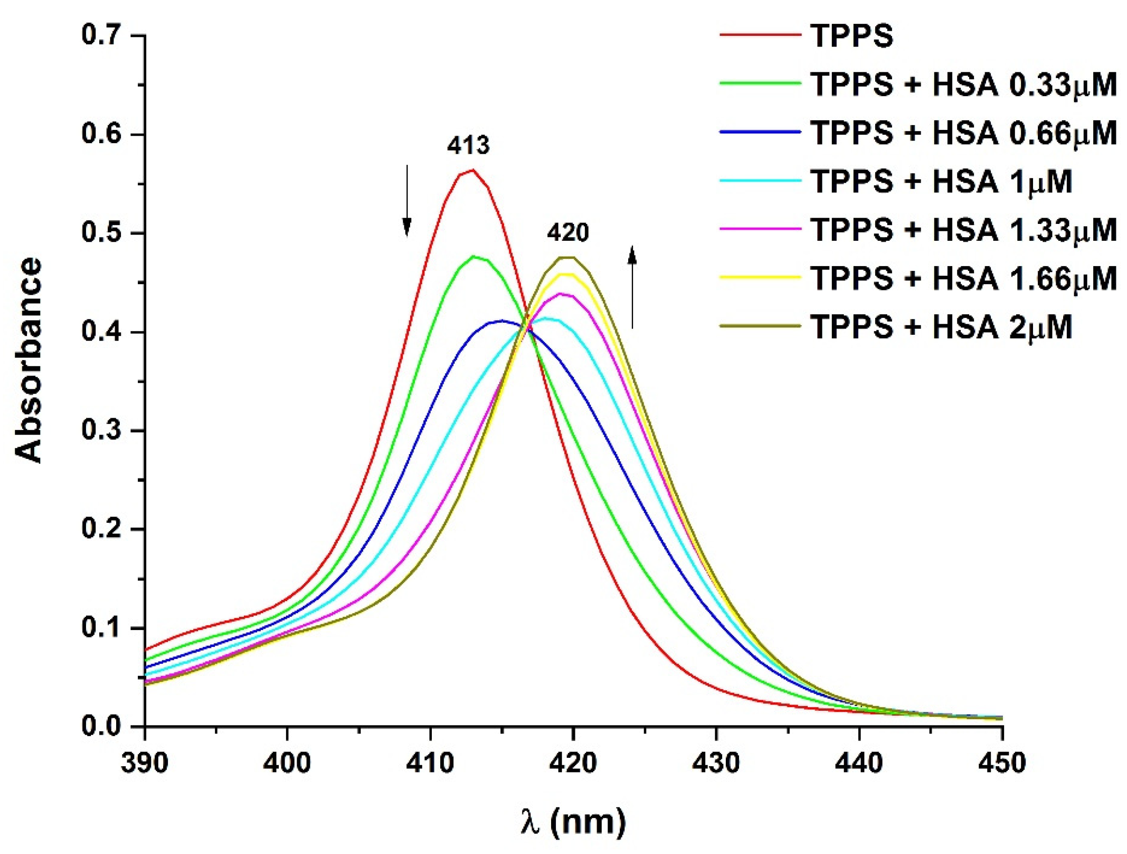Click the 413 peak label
pos(468,146)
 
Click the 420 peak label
pos(567,233)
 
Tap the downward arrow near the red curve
pos(407,201)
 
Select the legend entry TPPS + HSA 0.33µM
pos(963,85)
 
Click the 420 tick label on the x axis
pos(574,763)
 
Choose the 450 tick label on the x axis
pos(1002,763)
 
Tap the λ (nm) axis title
pos(573,822)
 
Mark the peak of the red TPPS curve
pos(472,170)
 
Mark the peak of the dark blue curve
pos(502,321)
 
